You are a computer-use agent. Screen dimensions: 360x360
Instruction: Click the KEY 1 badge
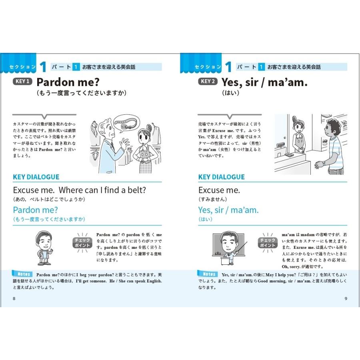(x=23, y=82)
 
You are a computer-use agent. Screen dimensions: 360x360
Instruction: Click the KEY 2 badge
(x=208, y=82)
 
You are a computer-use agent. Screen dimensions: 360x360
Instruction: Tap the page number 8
(x=14, y=298)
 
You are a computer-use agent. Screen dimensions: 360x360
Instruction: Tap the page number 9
(x=346, y=298)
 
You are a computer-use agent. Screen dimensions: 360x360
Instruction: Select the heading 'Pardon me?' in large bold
(x=68, y=82)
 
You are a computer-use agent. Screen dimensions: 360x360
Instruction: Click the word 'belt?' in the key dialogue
(x=136, y=190)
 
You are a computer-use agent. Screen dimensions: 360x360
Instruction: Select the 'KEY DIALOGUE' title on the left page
(x=36, y=177)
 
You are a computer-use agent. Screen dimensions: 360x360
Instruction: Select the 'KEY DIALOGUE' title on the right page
(x=221, y=177)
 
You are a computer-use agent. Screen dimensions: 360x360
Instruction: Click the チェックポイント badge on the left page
(x=82, y=243)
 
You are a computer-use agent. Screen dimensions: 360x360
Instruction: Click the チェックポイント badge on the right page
(x=268, y=243)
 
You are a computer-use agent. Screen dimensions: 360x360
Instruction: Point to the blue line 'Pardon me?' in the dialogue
(x=36, y=210)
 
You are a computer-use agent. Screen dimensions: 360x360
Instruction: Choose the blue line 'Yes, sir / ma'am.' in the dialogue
(x=228, y=210)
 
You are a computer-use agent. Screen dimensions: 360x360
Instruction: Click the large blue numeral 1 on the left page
(x=44, y=67)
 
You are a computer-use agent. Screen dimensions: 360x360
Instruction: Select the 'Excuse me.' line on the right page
(x=219, y=190)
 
